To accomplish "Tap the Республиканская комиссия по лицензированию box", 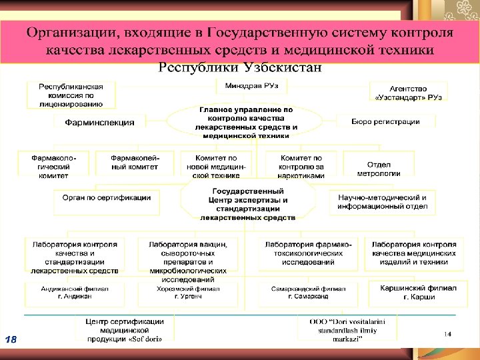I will (x=71, y=95).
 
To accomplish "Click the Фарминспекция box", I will (x=99, y=123).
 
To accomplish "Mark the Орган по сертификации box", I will (x=107, y=198).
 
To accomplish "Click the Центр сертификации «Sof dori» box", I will (x=124, y=329).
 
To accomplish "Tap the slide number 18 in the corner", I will (x=11, y=340).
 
